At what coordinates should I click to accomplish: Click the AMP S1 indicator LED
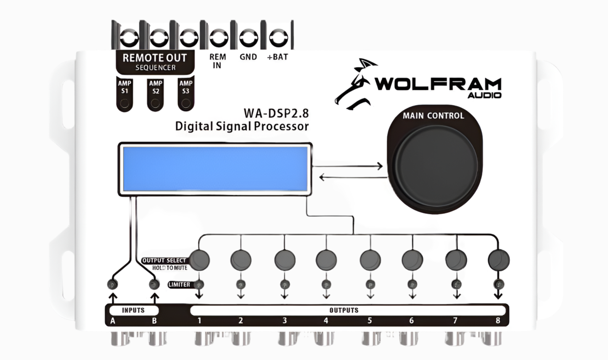(x=124, y=103)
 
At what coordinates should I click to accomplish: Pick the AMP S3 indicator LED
(x=185, y=103)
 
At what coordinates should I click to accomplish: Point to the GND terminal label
(x=248, y=58)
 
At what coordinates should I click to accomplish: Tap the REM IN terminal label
(x=217, y=61)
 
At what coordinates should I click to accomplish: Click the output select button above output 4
(x=326, y=260)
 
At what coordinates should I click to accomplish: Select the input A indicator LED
(x=112, y=285)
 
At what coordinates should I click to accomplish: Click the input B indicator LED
(x=154, y=285)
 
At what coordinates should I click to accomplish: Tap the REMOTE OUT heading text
(x=154, y=58)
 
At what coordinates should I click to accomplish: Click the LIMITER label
(x=179, y=285)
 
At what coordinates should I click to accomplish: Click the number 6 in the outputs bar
(x=412, y=321)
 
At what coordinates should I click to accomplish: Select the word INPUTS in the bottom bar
(x=133, y=310)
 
